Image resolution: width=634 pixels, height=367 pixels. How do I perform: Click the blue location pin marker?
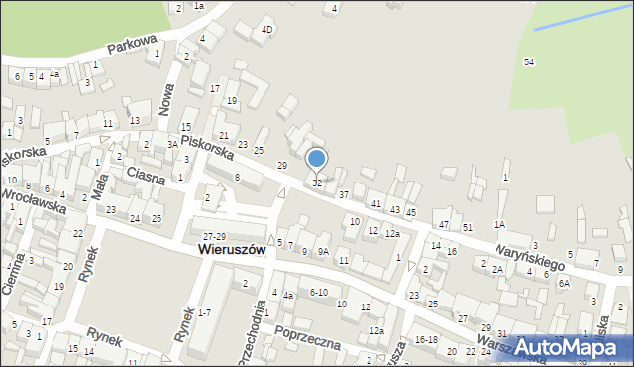(317, 159)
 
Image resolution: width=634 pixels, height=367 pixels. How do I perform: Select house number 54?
(529, 61)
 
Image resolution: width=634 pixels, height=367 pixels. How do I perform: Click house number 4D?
(266, 30)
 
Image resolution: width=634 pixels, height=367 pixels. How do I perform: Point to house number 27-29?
(215, 235)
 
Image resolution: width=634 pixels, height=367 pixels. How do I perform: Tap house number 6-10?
(318, 292)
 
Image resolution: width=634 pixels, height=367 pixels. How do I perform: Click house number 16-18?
(426, 339)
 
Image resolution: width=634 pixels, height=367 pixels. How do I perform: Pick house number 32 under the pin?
(317, 183)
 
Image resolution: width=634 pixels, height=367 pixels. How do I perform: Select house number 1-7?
(204, 312)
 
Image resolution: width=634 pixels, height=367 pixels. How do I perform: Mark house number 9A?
(323, 251)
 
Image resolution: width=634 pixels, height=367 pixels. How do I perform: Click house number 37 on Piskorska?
(343, 195)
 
